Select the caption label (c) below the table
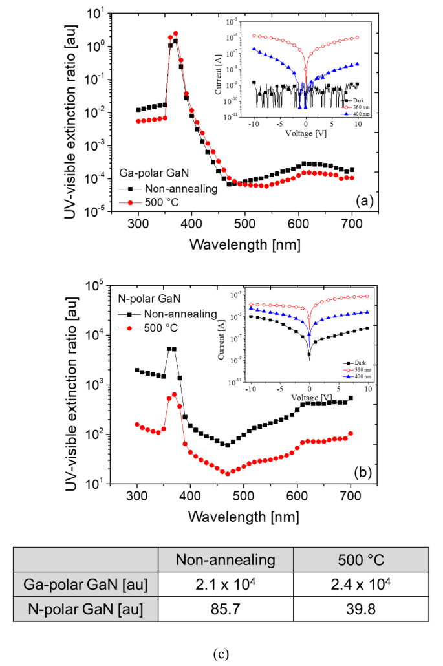[x=221, y=652]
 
